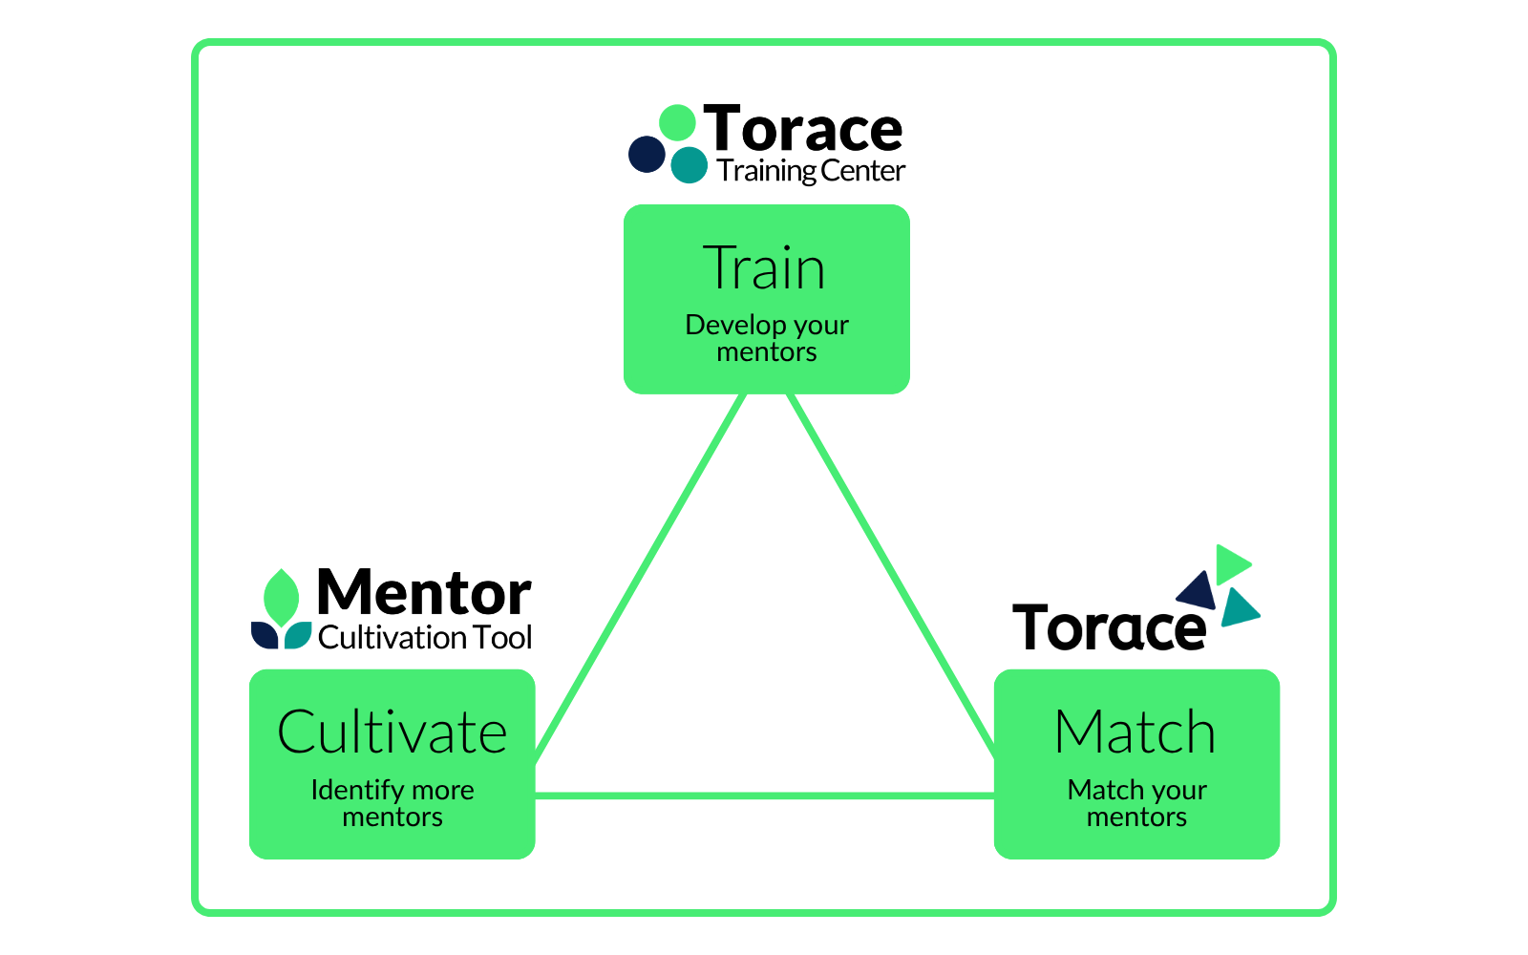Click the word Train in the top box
tap(764, 268)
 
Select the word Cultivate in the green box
tap(393, 732)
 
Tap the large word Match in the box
tap(1135, 732)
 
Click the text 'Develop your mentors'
tap(767, 338)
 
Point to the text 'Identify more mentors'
tap(393, 803)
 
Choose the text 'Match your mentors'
tap(1136, 803)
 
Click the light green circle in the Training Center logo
tap(677, 123)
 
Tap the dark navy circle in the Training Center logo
tap(647, 154)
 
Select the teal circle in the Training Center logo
tap(689, 164)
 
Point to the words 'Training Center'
tap(811, 171)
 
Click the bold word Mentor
tap(424, 593)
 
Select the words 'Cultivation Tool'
tap(425, 638)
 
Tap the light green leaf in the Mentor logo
tap(281, 598)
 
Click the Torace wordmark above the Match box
tap(1109, 627)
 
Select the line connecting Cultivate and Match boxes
tap(765, 796)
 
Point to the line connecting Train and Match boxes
tap(892, 576)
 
